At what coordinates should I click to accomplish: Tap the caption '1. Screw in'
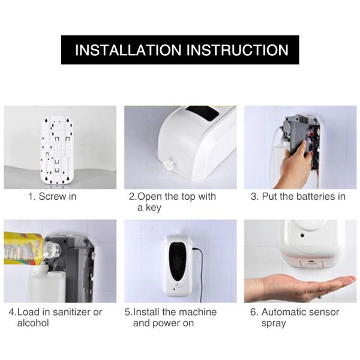[x=52, y=196]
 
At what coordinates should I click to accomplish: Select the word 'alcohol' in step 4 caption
[x=33, y=323]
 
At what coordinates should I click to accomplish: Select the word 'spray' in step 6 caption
[x=274, y=323]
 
